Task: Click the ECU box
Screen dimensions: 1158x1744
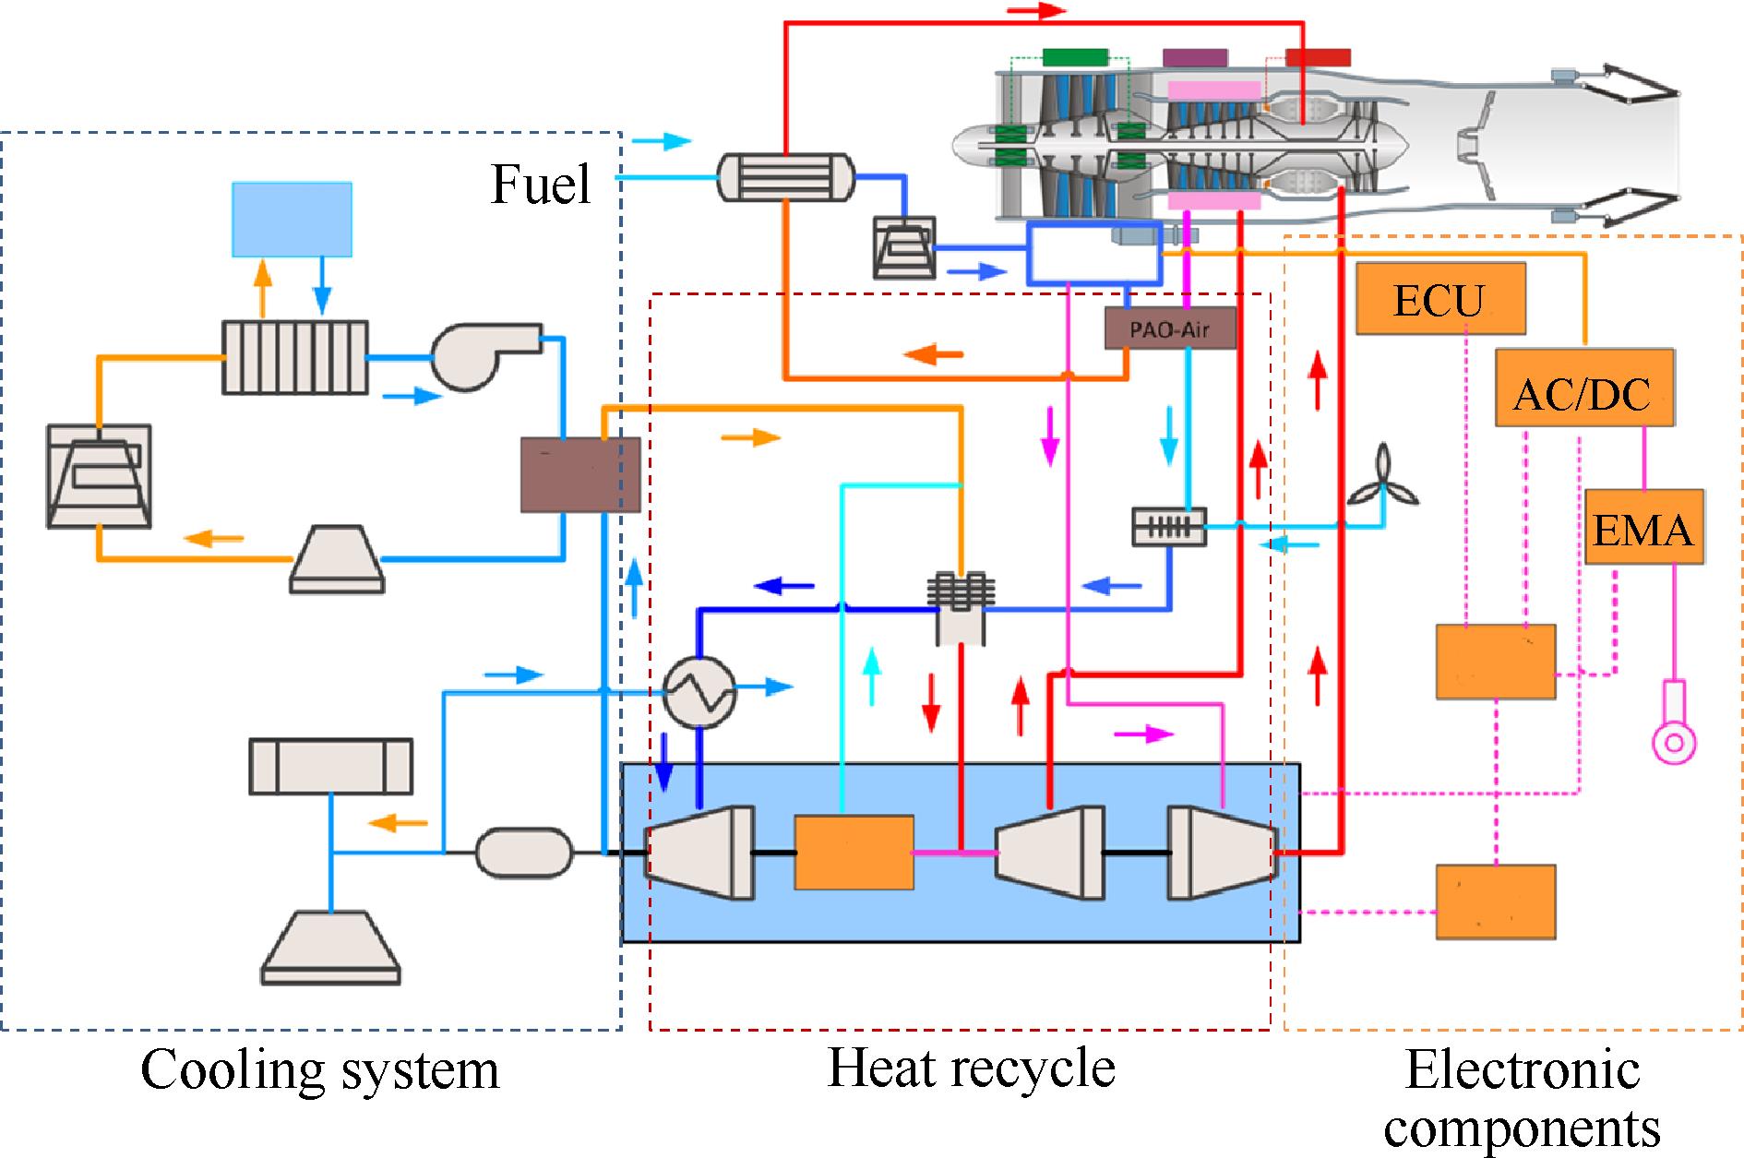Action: pos(1439,299)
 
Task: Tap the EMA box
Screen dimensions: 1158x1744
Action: pos(1643,528)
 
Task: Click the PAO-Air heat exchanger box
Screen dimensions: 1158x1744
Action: pos(1170,328)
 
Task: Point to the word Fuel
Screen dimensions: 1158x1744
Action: pos(541,184)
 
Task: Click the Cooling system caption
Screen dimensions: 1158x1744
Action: pos(319,1069)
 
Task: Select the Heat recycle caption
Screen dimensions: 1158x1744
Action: pos(971,1068)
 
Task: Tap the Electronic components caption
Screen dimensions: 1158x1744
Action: pos(1523,1098)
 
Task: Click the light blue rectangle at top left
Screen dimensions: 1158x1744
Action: pos(292,220)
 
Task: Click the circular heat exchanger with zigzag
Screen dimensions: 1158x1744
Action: pos(700,693)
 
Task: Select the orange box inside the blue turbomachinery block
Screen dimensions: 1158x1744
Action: pos(854,853)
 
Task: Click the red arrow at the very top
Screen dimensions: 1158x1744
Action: pos(1036,11)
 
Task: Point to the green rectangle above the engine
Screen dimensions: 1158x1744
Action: pos(1074,57)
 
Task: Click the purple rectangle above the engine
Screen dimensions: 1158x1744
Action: pos(1195,57)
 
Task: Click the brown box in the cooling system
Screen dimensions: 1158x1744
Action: pos(580,475)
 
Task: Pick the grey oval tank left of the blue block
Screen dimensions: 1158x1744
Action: pos(524,852)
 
